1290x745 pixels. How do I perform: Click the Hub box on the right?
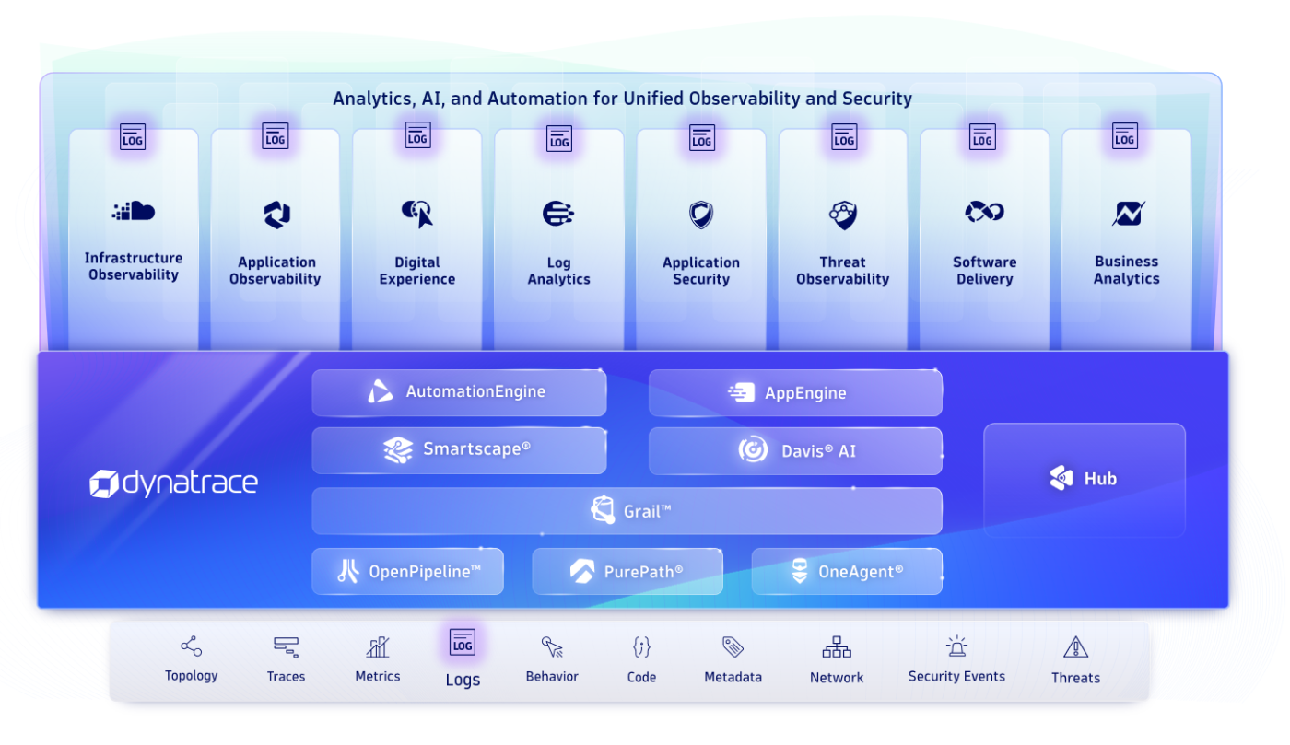(1085, 479)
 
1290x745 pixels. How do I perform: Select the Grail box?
(627, 511)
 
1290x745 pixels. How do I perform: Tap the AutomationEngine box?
(459, 392)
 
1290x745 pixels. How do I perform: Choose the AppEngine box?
(795, 393)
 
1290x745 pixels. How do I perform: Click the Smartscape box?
(459, 450)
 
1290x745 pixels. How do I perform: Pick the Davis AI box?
(795, 451)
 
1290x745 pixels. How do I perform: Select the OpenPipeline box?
(407, 572)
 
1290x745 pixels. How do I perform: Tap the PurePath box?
(627, 572)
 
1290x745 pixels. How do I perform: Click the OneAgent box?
(847, 572)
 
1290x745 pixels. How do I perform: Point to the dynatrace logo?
(173, 483)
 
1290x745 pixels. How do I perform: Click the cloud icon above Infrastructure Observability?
(134, 212)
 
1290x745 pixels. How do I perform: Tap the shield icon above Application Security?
(701, 215)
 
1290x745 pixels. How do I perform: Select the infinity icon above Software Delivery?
(984, 213)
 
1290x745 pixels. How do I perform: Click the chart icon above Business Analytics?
(1127, 214)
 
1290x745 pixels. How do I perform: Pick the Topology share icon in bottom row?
(192, 646)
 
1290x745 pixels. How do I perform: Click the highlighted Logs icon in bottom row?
(463, 643)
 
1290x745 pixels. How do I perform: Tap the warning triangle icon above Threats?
(1075, 647)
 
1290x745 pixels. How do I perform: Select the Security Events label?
(956, 677)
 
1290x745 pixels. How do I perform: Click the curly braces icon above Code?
(641, 647)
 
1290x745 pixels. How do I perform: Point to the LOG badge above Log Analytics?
(559, 139)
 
